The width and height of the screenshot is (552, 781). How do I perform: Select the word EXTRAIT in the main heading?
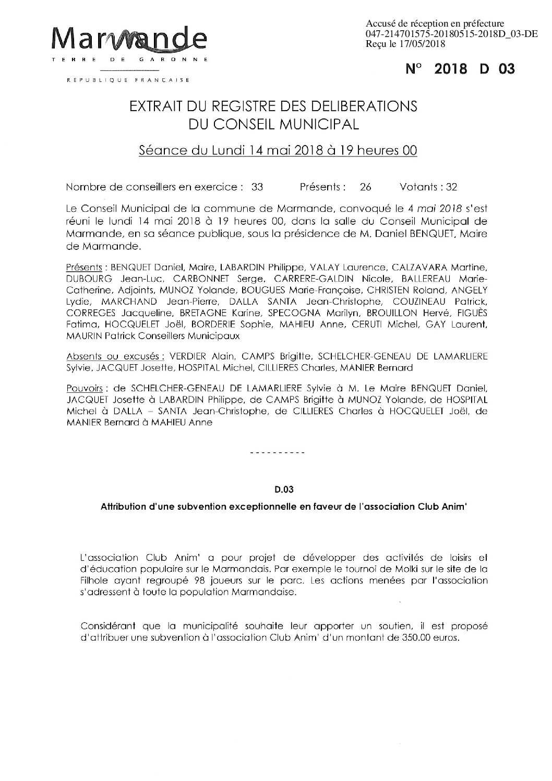point(154,106)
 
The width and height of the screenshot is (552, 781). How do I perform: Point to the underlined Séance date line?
point(278,151)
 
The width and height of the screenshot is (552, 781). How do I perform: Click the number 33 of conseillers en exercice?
point(257,187)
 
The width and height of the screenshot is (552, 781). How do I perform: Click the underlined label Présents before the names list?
point(83,267)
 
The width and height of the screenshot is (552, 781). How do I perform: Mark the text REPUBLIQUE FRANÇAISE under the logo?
point(128,80)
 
